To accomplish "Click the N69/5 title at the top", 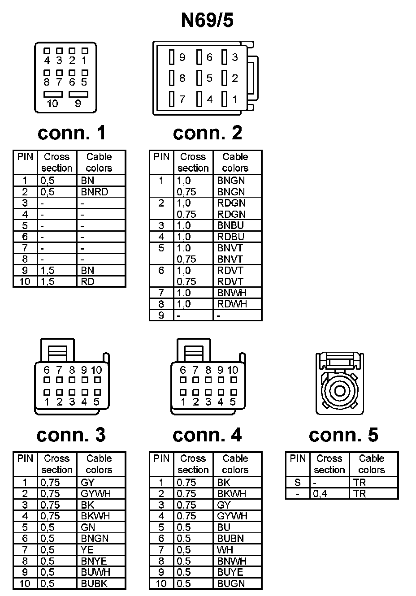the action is coord(207,20).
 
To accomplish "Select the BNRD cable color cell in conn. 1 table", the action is coord(95,192).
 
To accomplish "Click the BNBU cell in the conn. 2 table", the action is coord(230,225).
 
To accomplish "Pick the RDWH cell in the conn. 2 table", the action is coord(232,304).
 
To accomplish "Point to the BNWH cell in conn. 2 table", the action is coord(232,293).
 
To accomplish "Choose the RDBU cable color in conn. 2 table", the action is coord(230,237).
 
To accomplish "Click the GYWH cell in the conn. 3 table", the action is coord(95,493).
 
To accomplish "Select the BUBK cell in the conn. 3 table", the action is coord(94,583).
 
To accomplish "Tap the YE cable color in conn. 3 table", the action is coord(87,549).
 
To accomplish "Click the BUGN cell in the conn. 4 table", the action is coord(231,583).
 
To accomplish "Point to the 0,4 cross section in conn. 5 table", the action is coord(320,493).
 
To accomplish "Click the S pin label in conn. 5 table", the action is coord(297,483).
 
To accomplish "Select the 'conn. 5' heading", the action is coord(343,435).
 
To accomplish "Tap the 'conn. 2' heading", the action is coord(207,133).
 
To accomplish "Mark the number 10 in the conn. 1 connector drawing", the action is coord(52,104).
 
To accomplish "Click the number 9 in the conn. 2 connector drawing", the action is coord(182,57).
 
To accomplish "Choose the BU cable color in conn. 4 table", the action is coord(223,527).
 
